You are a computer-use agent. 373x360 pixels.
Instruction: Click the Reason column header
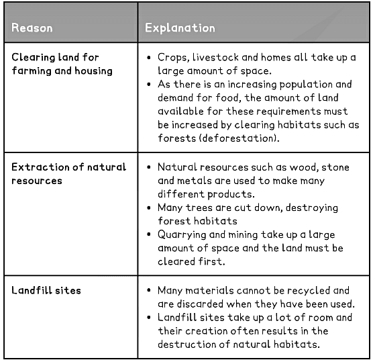32,28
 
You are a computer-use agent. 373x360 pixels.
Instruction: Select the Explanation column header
180,28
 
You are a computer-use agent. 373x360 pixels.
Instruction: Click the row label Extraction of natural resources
68,173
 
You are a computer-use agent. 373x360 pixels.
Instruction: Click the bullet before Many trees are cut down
149,208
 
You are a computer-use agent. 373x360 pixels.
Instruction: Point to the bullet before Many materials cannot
149,291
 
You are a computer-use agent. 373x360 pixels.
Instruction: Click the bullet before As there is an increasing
149,84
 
